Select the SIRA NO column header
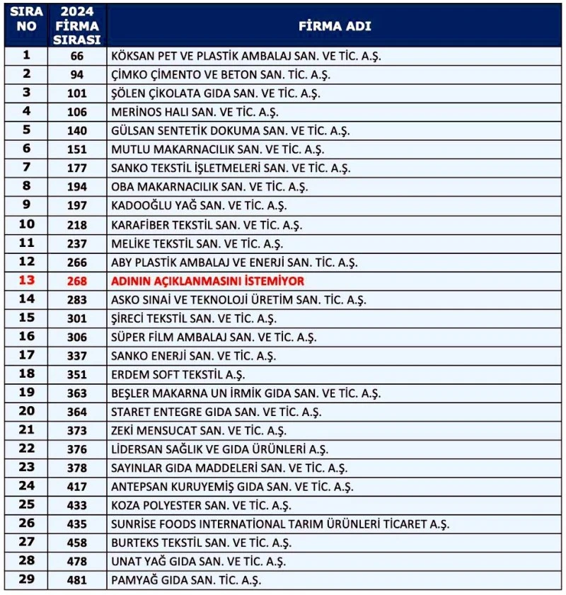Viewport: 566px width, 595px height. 27,20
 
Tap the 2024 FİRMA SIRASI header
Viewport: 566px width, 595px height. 78,26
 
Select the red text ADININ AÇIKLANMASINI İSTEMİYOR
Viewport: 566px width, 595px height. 207,281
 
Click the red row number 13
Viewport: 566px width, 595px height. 27,280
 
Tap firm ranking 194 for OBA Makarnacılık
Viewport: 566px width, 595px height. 78,187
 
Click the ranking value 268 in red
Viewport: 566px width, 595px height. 78,281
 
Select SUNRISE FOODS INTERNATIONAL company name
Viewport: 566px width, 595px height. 279,524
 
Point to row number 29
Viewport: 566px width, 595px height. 27,579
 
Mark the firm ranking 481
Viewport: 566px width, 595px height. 78,580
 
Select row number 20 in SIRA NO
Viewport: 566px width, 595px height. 27,411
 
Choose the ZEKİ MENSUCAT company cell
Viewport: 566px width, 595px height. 198,430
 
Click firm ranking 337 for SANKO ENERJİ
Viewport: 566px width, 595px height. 78,356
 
